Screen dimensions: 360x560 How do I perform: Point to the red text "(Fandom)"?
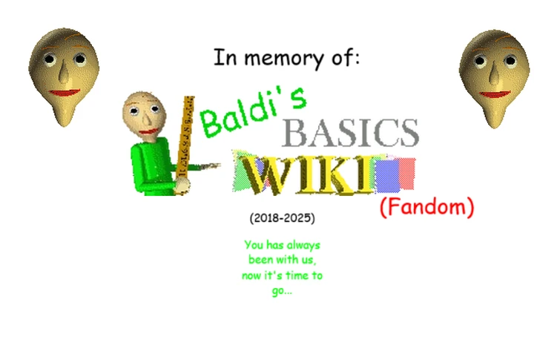426,208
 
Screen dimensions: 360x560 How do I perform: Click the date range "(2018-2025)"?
282,218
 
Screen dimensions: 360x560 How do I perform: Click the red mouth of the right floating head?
493,94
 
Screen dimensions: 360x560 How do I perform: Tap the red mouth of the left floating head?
65,94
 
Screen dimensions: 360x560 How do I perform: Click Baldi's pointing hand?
214,165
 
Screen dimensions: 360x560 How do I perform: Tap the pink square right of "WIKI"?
406,172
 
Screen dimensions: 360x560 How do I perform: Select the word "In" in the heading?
223,57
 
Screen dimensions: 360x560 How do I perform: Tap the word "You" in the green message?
254,244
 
